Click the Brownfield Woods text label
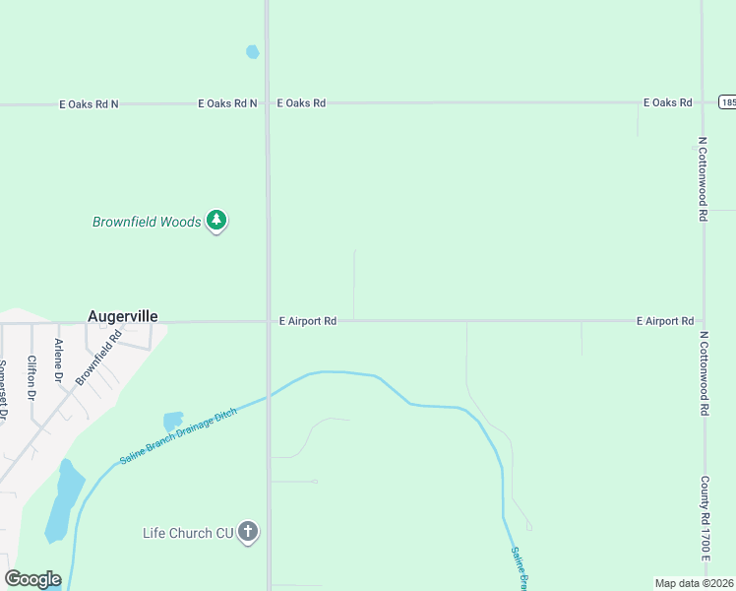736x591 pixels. [147, 222]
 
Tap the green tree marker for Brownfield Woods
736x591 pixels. [216, 221]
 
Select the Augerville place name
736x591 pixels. [123, 316]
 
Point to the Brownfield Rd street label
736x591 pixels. [98, 357]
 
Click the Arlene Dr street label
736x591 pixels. [59, 361]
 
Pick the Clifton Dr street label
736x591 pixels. [32, 378]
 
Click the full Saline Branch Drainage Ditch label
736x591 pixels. [178, 437]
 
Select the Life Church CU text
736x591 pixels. [188, 533]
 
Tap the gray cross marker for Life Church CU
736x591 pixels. [248, 532]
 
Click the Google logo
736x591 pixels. [32, 579]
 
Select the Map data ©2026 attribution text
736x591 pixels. [695, 583]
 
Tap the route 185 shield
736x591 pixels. [727, 102]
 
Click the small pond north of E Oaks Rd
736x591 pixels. [253, 51]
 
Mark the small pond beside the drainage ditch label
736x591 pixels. [173, 421]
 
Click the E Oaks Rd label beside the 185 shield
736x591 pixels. [668, 102]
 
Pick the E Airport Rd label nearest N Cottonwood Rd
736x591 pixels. [665, 321]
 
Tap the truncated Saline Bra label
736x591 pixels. [520, 567]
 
